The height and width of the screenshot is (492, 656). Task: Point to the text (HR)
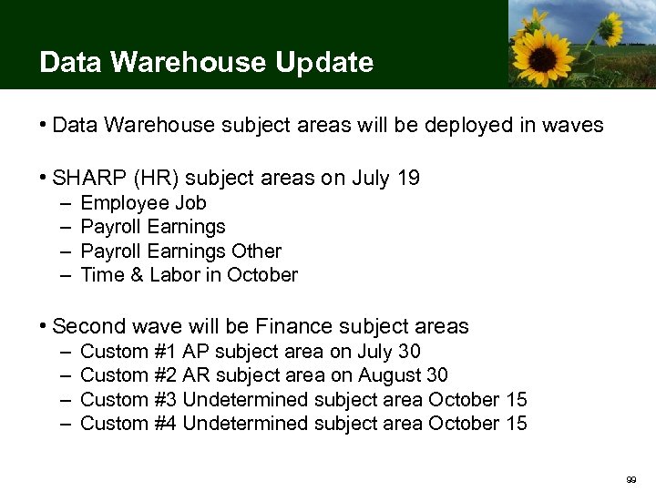pos(144,179)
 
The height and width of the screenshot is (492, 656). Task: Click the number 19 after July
pos(408,179)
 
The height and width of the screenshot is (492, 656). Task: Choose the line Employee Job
pos(144,203)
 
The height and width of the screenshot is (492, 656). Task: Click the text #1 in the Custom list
pos(166,352)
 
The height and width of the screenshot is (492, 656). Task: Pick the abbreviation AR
pos(196,375)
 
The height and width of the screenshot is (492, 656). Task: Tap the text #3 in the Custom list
pos(166,400)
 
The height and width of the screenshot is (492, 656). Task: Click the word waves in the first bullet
pos(573,126)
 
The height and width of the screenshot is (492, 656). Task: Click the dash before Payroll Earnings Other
pos(68,251)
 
